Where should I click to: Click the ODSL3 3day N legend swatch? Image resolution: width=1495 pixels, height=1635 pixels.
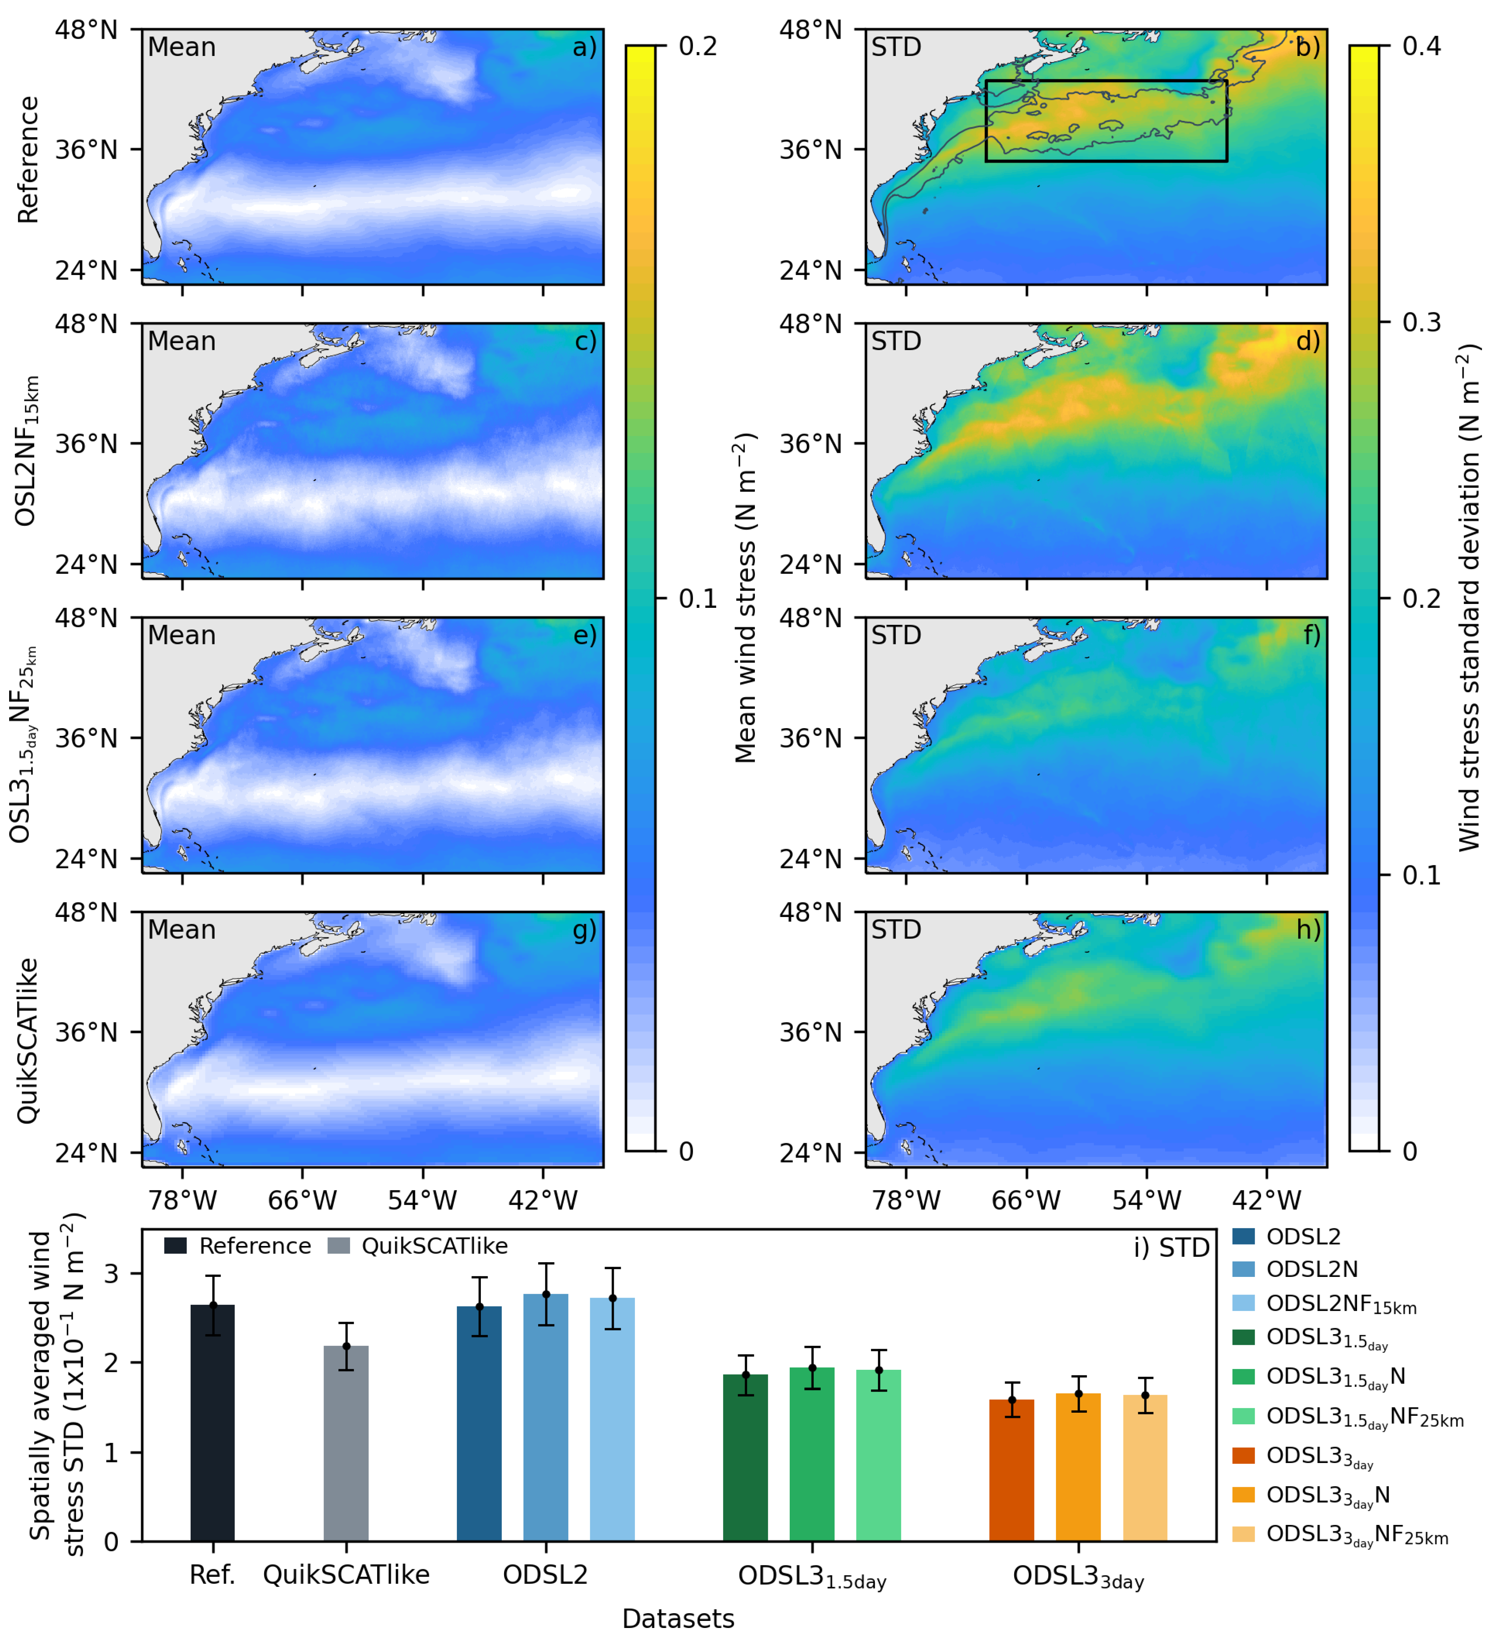coord(1243,1495)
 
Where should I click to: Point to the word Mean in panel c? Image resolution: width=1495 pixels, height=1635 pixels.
coord(182,342)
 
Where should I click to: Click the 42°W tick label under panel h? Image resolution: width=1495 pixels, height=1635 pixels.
coord(1266,1200)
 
